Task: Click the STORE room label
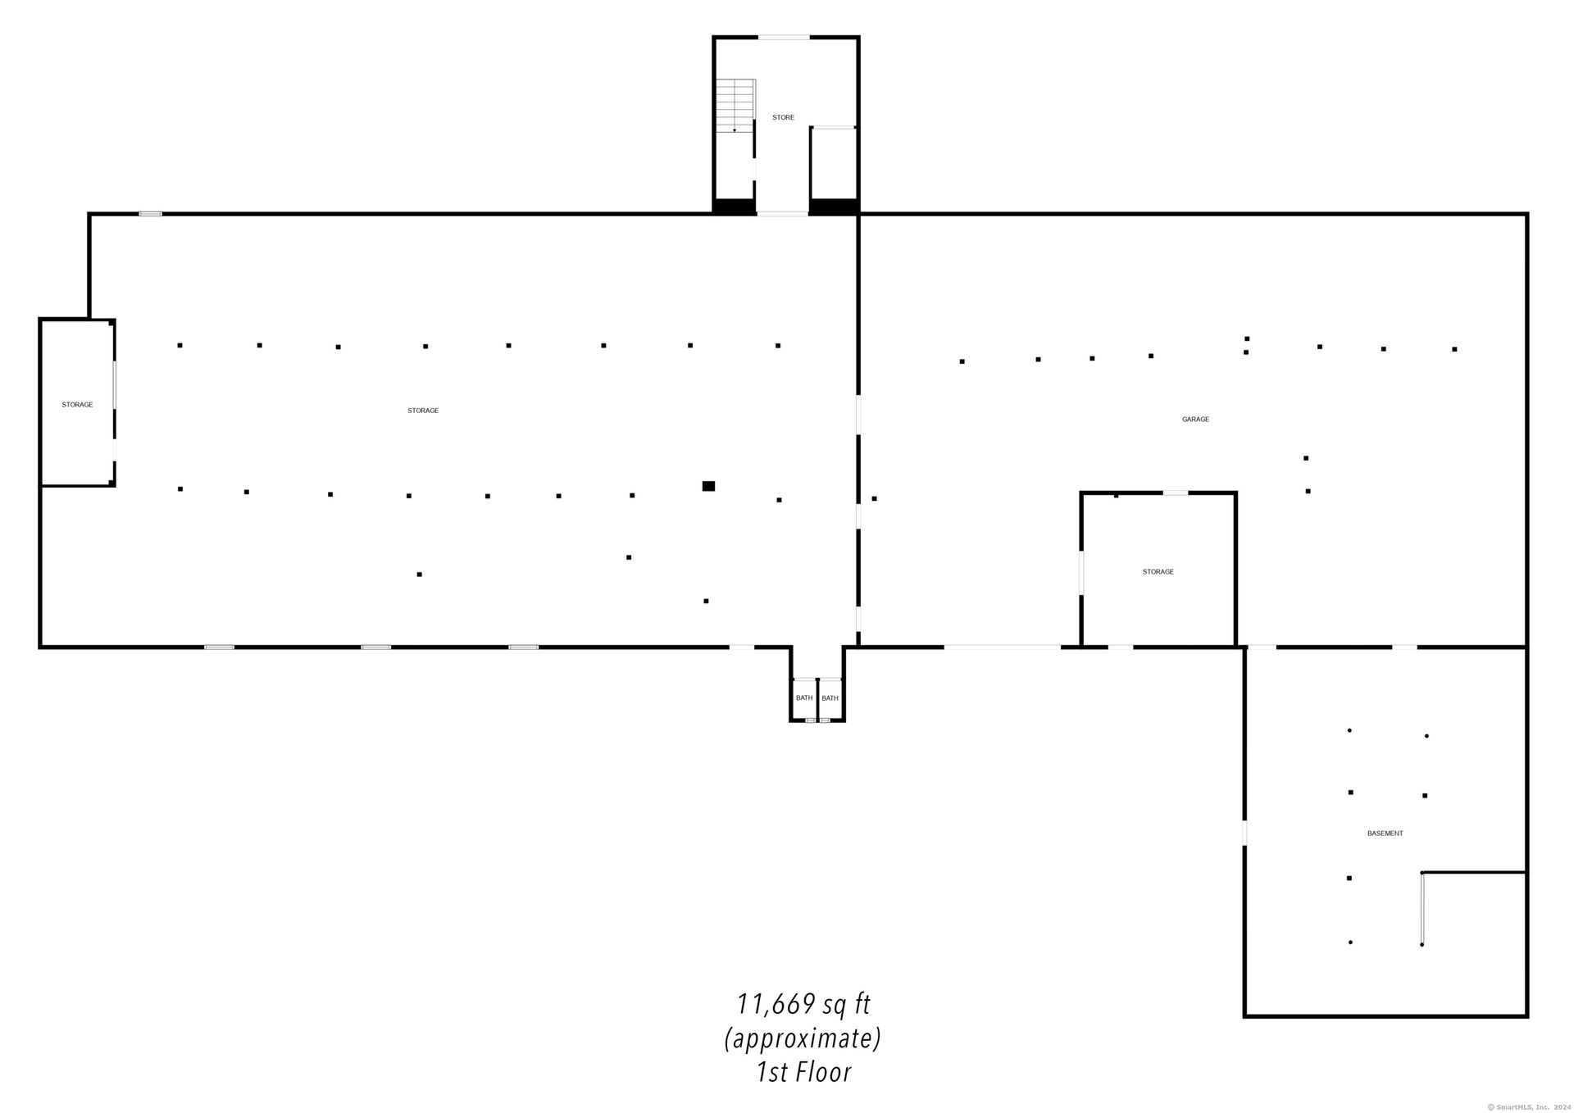(x=783, y=118)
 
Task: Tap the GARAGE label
(x=1195, y=420)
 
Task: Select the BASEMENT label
(x=1385, y=834)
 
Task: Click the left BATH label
(x=804, y=698)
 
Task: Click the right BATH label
(x=830, y=698)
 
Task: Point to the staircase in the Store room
(x=735, y=106)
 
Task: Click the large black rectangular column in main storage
(x=708, y=486)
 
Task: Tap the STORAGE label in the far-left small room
(x=77, y=405)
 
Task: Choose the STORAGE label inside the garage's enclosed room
(x=1158, y=572)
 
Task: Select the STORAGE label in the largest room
(x=423, y=411)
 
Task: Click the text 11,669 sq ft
(x=803, y=1004)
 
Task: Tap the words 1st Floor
(x=803, y=1072)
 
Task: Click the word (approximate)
(x=803, y=1038)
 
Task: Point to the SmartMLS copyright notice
(x=1529, y=1106)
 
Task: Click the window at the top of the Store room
(x=784, y=37)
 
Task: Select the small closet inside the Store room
(x=834, y=164)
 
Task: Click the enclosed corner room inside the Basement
(x=1474, y=943)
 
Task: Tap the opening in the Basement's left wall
(x=1244, y=833)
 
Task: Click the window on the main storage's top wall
(x=150, y=214)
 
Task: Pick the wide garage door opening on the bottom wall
(x=1002, y=647)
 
